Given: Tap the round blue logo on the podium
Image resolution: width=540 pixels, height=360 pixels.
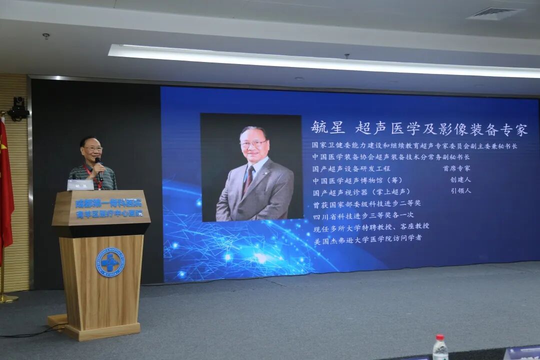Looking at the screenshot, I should point(110,262).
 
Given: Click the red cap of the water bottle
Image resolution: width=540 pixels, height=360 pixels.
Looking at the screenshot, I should point(439,337).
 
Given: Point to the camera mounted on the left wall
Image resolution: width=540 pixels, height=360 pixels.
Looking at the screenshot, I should point(19,108).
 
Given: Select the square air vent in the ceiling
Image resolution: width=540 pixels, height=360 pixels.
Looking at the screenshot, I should point(494,13).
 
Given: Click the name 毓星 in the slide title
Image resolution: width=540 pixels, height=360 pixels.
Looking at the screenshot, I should point(327,127).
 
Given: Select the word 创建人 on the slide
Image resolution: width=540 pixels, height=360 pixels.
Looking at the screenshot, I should point(460,180).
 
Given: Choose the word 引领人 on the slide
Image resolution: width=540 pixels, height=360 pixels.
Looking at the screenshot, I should point(460,191).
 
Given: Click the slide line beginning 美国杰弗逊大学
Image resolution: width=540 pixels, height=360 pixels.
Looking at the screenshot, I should point(367,239).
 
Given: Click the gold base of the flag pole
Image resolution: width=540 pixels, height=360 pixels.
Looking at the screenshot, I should point(7,298).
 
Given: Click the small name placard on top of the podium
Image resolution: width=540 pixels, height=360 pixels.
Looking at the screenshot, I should point(80,185).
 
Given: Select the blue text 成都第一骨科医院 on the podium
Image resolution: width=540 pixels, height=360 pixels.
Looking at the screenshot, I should point(108,203).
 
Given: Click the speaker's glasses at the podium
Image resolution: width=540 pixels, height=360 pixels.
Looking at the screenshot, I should point(92,149).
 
